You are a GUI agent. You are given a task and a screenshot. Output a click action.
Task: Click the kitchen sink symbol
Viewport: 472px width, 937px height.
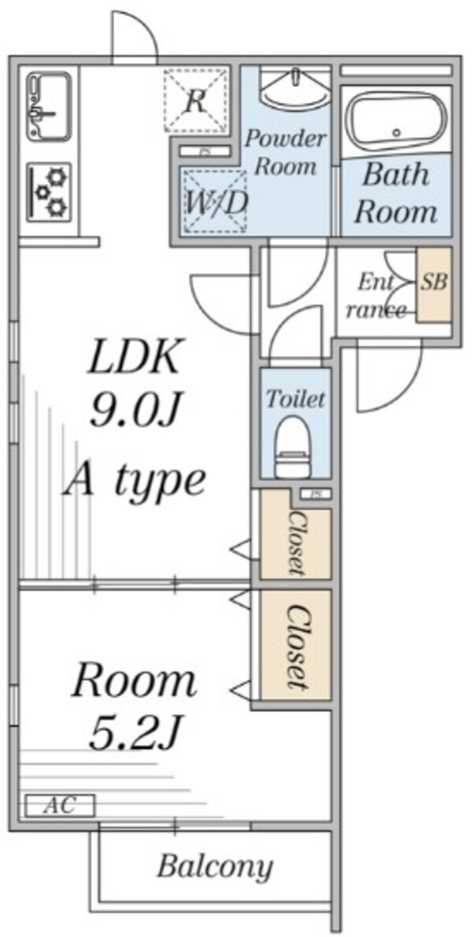coord(50,109)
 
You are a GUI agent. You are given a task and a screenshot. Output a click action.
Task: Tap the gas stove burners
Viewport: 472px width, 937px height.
coord(50,192)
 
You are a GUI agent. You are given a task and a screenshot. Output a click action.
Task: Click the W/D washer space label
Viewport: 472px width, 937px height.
coord(216,202)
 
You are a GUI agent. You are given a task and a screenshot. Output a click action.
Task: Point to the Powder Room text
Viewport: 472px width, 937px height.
coord(285,153)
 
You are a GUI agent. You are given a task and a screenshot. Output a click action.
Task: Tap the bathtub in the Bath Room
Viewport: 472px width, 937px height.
coord(395,122)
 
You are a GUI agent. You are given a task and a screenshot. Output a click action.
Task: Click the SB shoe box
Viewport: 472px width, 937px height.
coord(433,284)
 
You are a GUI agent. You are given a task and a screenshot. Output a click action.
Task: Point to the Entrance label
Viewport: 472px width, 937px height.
coord(377,295)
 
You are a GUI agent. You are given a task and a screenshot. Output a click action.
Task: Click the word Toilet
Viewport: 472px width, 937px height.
coord(294,398)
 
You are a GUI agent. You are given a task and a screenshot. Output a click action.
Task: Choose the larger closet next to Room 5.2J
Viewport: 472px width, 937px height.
coord(295,646)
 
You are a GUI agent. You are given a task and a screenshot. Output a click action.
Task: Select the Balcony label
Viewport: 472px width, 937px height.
coord(214,868)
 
